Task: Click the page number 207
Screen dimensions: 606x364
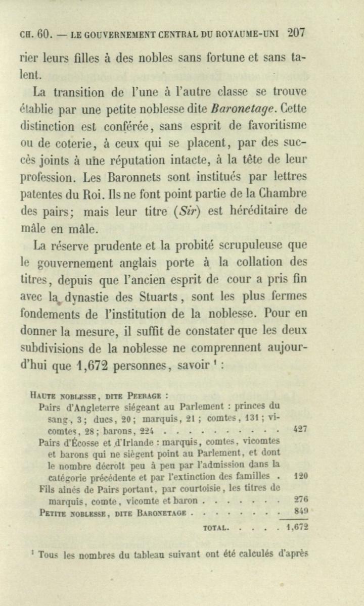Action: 295,33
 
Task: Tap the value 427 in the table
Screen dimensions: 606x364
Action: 300,429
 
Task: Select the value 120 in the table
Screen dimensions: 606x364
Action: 300,476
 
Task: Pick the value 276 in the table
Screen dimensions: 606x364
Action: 301,499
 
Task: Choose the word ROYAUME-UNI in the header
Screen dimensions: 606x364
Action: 248,34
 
